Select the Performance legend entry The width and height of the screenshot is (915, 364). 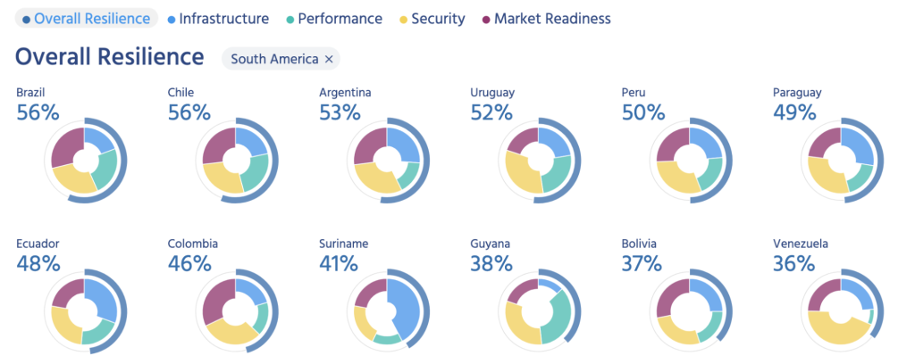pyautogui.click(x=335, y=18)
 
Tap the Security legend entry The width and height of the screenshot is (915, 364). pyautogui.click(x=432, y=18)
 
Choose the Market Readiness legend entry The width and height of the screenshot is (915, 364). pyautogui.click(x=545, y=18)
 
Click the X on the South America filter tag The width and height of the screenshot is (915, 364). pyautogui.click(x=329, y=59)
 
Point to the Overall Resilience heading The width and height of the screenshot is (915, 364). pyautogui.click(x=109, y=58)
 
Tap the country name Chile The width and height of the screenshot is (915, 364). pyautogui.click(x=180, y=92)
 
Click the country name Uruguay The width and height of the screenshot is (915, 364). pyautogui.click(x=492, y=92)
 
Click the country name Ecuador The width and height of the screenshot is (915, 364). pyautogui.click(x=37, y=243)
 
